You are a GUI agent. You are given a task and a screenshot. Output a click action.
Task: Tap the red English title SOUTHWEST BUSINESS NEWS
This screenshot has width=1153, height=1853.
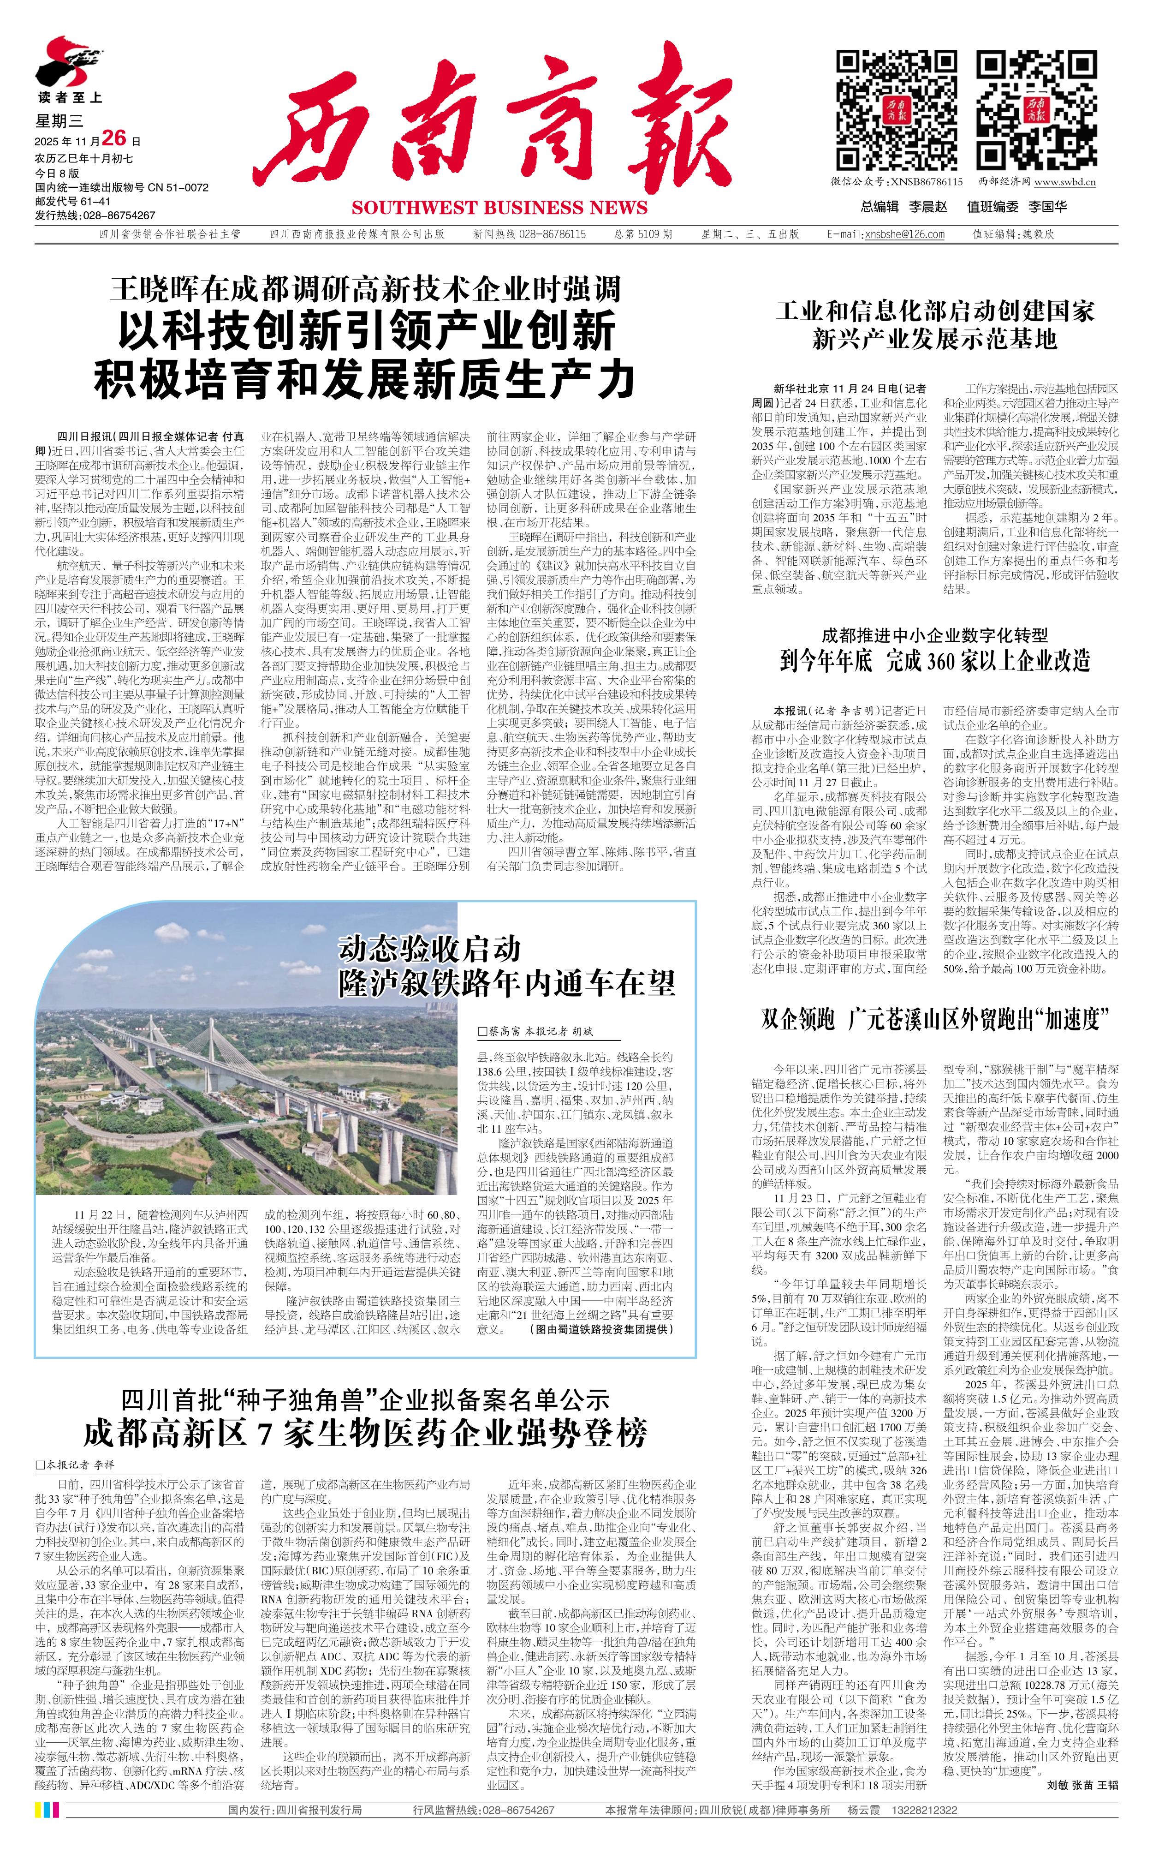pyautogui.click(x=499, y=208)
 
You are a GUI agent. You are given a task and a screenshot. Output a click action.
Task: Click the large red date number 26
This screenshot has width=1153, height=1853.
pyautogui.click(x=113, y=138)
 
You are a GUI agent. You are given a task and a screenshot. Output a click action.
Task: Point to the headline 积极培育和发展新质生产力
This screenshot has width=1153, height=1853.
pyautogui.click(x=364, y=379)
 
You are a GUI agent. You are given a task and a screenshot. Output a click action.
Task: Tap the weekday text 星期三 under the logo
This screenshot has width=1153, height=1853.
pyautogui.click(x=59, y=120)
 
